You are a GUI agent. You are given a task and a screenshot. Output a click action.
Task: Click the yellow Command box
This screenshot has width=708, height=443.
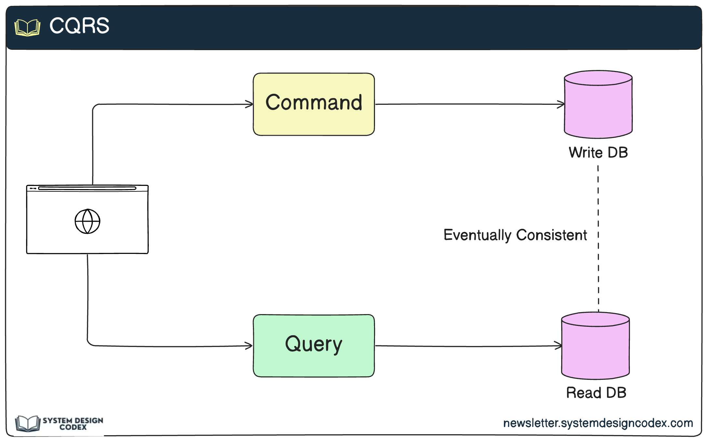click(x=313, y=104)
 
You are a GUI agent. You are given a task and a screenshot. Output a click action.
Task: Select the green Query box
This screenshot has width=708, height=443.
click(x=313, y=345)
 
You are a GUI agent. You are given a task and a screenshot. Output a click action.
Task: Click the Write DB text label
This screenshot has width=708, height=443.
click(x=598, y=153)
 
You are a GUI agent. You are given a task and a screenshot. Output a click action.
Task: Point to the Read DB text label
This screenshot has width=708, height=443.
click(x=596, y=393)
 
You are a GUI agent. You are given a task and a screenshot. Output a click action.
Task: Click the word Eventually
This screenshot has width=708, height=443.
click(x=477, y=235)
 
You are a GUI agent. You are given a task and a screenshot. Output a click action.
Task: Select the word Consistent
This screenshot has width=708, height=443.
click(x=551, y=235)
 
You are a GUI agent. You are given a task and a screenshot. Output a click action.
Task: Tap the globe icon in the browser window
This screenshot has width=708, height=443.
click(x=87, y=221)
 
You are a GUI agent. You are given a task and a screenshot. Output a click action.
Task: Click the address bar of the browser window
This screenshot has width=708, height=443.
click(x=87, y=188)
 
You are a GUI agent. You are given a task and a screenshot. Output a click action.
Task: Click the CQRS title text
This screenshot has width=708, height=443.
click(x=79, y=26)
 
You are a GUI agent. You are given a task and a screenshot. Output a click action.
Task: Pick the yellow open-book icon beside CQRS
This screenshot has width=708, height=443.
click(x=27, y=28)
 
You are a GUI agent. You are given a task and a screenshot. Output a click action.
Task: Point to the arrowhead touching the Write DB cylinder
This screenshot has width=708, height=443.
click(x=561, y=104)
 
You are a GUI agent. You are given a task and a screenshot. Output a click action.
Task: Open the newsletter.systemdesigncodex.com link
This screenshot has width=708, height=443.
click(x=598, y=423)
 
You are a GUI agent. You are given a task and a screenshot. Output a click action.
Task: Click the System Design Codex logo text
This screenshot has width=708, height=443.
click(x=73, y=423)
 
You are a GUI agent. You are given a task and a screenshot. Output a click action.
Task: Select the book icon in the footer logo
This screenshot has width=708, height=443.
click(x=28, y=423)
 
